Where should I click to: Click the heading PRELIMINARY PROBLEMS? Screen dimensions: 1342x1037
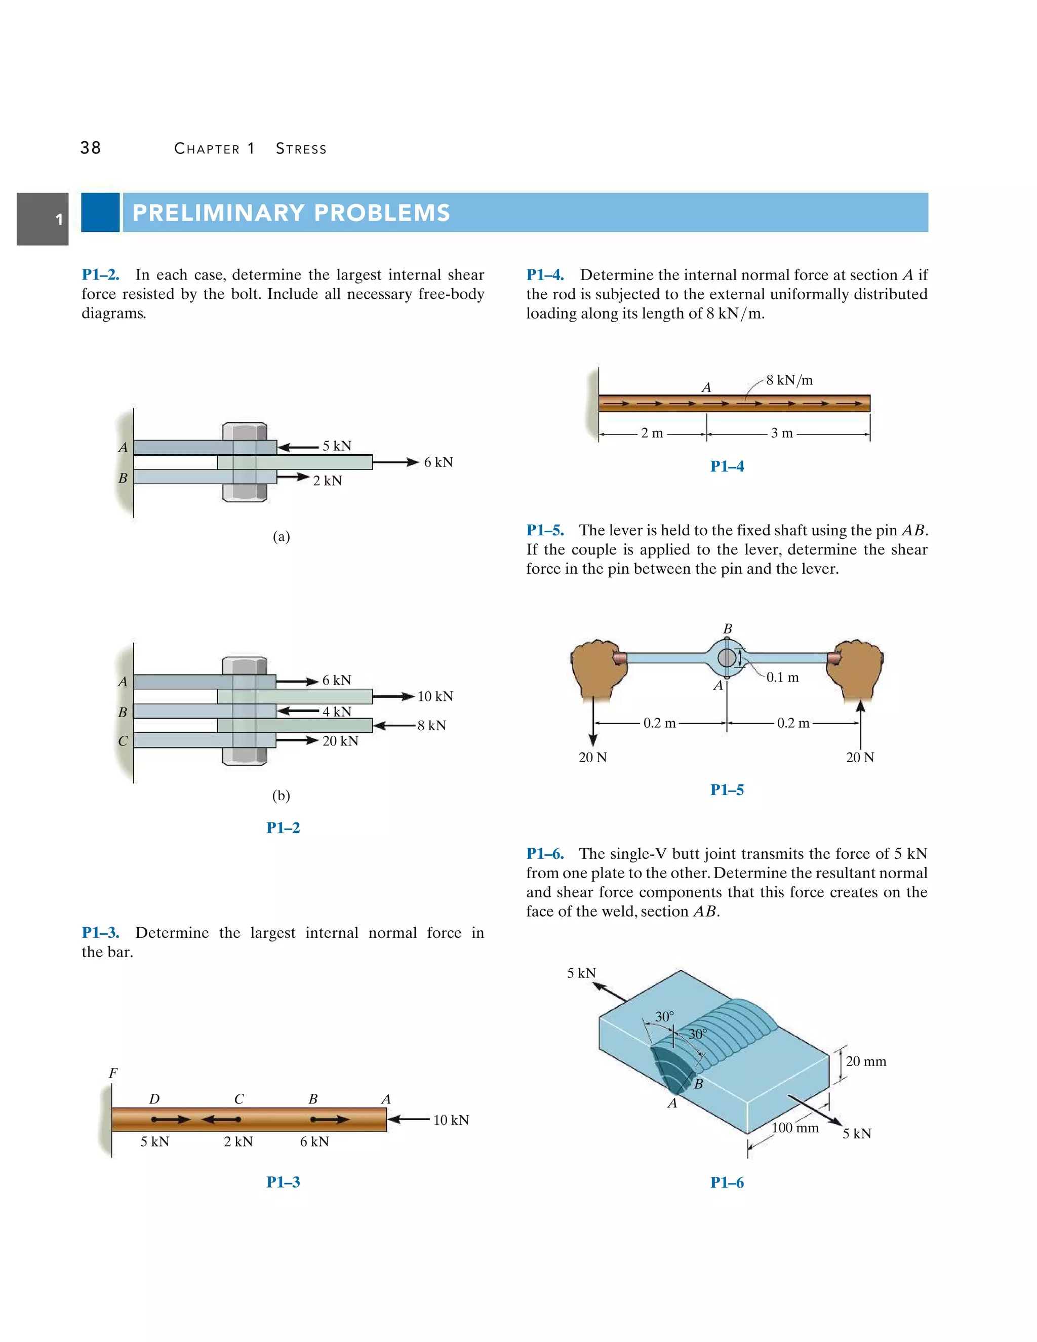coord(291,213)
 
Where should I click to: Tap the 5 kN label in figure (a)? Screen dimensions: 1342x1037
coord(337,446)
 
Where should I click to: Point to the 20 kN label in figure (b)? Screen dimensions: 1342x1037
coord(340,741)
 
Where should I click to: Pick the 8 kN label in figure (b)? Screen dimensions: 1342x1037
coord(431,726)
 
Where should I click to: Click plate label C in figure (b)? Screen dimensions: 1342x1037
coord(123,741)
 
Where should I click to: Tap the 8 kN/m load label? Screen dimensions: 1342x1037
coord(789,380)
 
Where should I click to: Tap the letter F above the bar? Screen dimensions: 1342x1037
coord(113,1073)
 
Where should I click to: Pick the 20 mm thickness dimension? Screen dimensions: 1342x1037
coord(865,1061)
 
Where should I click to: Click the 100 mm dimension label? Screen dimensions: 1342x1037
coord(795,1128)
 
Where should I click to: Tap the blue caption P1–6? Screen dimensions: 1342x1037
coord(727,1182)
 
